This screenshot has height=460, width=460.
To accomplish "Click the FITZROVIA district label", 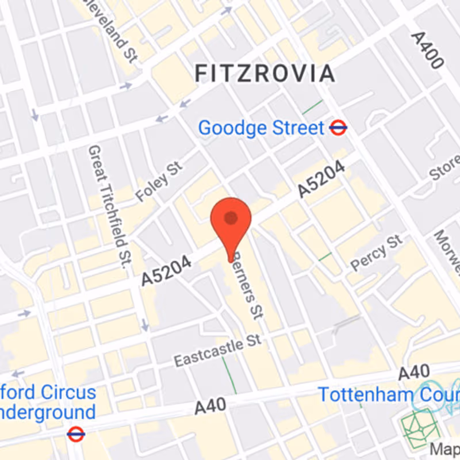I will tap(264, 74).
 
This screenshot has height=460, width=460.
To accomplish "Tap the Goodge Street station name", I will tap(262, 128).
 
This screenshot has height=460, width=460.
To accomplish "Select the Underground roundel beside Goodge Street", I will tap(339, 128).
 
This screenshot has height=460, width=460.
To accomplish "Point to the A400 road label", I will tap(427, 50).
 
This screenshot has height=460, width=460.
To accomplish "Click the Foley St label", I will tap(159, 182).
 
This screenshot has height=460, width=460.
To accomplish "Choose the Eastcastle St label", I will tap(218, 351).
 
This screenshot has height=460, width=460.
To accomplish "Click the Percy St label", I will tap(377, 252).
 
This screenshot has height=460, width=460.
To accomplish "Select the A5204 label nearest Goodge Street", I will tap(321, 179).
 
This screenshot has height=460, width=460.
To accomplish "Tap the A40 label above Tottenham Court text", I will tap(413, 372).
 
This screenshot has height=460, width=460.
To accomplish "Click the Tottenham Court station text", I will tap(389, 395).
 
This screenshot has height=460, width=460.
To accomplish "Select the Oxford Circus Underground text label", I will tap(48, 402).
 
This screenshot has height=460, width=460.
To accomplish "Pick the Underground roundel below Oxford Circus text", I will tap(75, 434).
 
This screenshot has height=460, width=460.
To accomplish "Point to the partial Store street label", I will tap(446, 167).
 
